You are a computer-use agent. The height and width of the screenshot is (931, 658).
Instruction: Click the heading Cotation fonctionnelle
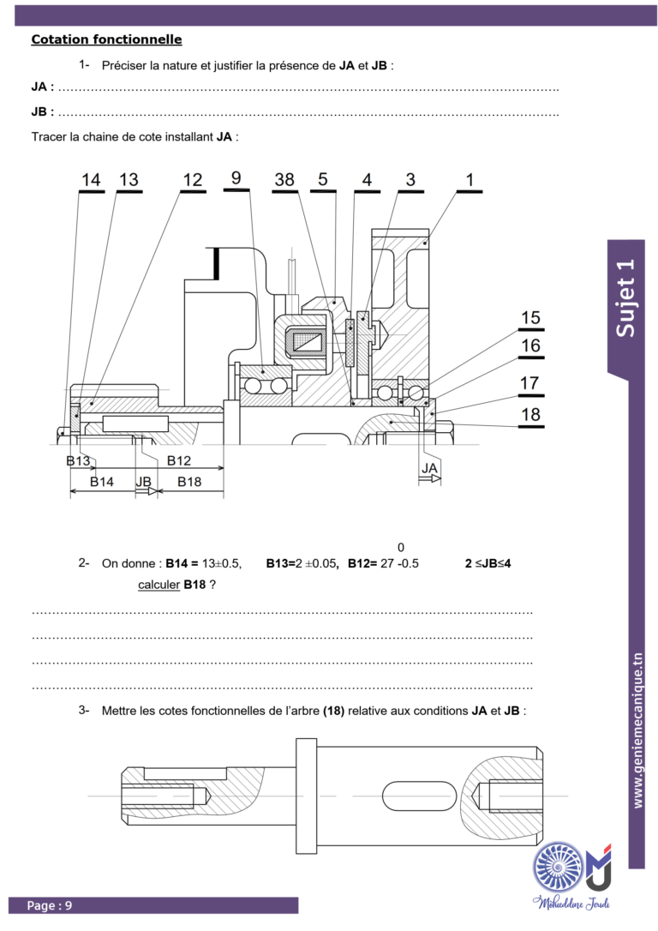pos(107,39)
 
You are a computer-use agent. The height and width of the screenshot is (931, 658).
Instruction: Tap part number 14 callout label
pos(91,179)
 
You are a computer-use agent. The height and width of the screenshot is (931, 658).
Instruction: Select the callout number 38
pos(284,179)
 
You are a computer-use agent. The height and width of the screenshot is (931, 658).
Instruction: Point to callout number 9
pos(236,177)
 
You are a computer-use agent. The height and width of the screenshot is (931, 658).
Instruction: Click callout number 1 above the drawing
pos(470,179)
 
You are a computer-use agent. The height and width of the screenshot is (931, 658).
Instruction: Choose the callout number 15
pos(530,318)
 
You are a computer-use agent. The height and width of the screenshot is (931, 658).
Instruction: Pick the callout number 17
pos(529,383)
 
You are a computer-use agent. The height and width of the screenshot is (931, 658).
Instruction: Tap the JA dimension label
pos(429,468)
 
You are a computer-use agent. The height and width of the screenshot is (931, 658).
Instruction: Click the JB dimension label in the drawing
pos(144,482)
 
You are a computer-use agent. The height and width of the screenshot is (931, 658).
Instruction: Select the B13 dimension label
pos(78,460)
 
